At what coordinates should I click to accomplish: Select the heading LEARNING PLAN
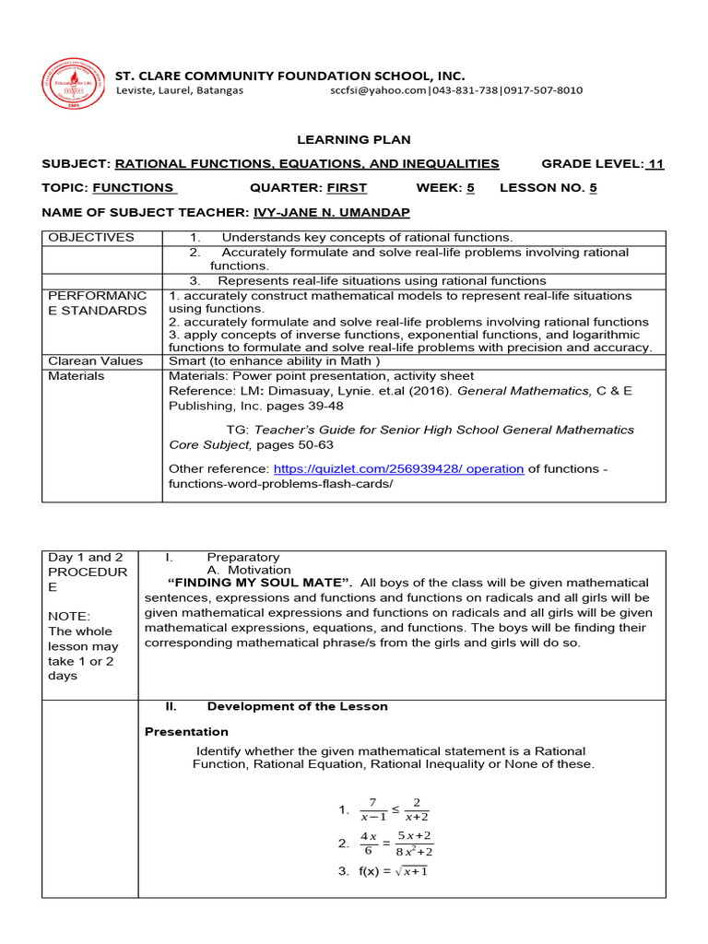pos(353,139)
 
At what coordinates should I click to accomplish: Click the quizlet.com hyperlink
pos(398,468)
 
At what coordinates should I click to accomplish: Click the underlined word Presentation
pos(188,731)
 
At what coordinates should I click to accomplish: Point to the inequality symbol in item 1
pos(395,808)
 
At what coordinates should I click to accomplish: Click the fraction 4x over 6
pos(369,844)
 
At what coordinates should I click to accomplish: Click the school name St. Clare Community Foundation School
pos(289,75)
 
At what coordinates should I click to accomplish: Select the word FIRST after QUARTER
pos(346,188)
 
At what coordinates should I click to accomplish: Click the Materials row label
pos(77,376)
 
